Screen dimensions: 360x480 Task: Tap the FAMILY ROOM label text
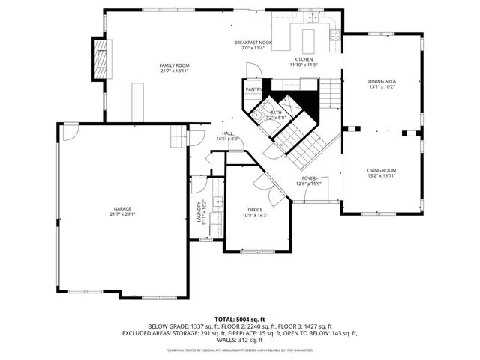click(x=173, y=65)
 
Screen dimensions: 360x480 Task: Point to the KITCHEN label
click(x=303, y=59)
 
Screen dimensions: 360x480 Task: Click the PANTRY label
click(x=253, y=89)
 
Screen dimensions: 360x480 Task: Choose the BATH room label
click(x=276, y=112)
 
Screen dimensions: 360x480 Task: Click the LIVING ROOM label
click(x=382, y=170)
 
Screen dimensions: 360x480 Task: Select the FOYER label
click(x=308, y=178)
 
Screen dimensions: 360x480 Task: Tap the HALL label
click(x=227, y=133)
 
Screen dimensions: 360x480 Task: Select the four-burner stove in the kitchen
click(x=335, y=34)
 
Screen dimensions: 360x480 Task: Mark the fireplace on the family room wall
click(x=98, y=57)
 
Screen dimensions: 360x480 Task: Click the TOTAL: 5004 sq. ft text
click(x=240, y=319)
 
